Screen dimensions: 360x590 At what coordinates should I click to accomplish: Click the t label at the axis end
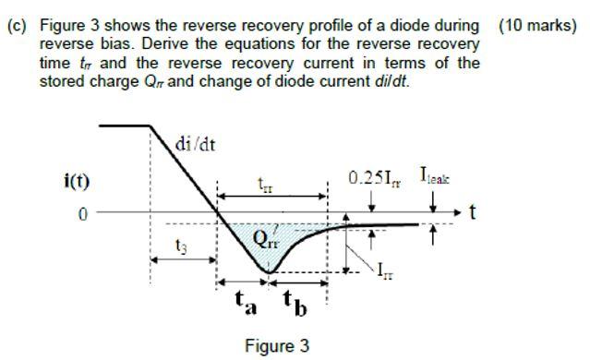pyautogui.click(x=473, y=213)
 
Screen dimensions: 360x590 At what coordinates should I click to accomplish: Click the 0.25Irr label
pyautogui.click(x=371, y=176)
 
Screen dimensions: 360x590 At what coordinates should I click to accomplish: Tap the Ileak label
pyautogui.click(x=436, y=174)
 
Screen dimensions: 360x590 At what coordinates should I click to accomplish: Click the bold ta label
pyautogui.click(x=244, y=301)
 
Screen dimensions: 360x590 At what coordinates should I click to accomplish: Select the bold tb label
pyautogui.click(x=294, y=302)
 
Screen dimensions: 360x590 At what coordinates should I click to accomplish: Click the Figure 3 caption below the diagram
pyautogui.click(x=277, y=346)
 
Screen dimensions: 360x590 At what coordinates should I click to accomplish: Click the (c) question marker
pyautogui.click(x=17, y=26)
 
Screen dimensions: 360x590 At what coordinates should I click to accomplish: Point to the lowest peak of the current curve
pyautogui.click(x=269, y=272)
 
